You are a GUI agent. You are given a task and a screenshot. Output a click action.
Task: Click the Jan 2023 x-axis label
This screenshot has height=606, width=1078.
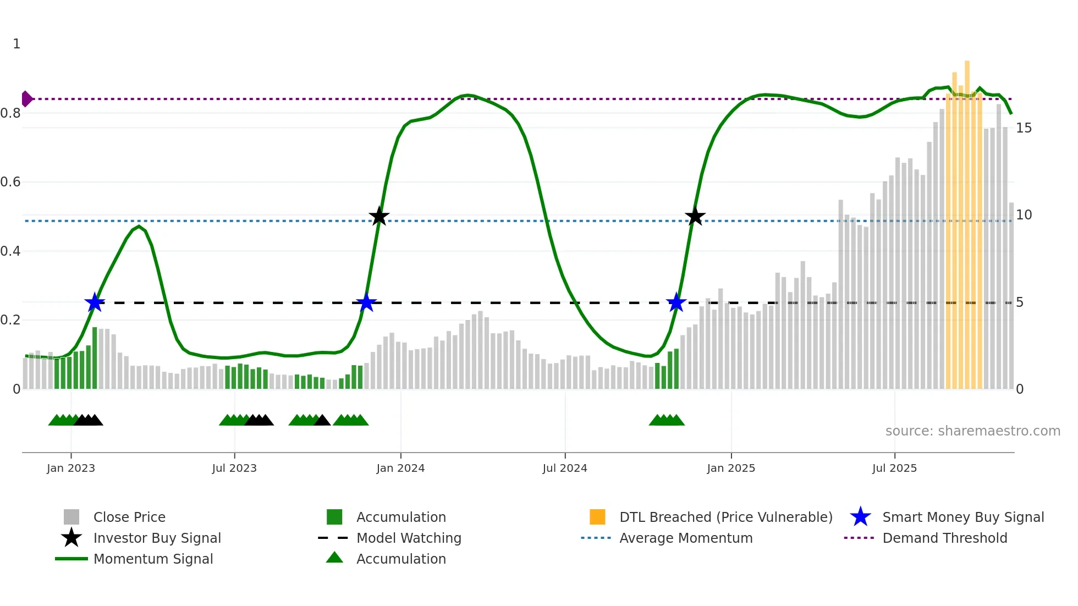71,469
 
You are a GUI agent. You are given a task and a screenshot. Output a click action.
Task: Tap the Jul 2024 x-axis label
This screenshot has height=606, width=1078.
565,469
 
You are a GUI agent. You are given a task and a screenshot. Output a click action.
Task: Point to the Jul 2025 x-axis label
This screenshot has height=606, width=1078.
894,469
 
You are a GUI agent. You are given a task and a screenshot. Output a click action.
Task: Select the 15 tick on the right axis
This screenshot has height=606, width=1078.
1024,128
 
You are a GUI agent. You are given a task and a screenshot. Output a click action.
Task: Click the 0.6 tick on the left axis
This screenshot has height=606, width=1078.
11,182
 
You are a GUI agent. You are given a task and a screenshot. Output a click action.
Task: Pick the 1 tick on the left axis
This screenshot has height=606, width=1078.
16,44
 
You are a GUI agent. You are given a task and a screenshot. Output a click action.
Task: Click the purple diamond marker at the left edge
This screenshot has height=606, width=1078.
26,99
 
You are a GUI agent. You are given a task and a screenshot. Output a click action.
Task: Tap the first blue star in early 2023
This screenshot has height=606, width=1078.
95,302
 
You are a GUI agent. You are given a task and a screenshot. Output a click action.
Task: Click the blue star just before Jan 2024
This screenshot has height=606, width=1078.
366,302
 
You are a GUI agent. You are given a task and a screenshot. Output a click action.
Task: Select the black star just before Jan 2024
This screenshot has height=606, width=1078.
379,217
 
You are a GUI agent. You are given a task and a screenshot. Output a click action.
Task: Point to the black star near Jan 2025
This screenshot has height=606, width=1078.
695,217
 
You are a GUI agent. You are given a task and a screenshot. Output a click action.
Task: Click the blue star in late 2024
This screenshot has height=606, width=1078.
676,302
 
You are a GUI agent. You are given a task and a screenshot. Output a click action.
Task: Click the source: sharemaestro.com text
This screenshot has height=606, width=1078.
972,431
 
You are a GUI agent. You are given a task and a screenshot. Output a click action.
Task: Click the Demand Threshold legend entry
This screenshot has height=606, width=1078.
944,538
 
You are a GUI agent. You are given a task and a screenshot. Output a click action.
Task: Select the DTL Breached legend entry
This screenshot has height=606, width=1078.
725,517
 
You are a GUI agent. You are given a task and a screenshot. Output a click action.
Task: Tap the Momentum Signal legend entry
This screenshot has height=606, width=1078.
153,559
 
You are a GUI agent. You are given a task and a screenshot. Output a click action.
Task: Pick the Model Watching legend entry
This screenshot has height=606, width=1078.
409,538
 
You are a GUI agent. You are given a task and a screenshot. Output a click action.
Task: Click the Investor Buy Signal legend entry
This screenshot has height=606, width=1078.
157,538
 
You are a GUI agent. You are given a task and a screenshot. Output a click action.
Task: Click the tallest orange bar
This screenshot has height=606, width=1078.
967,220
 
